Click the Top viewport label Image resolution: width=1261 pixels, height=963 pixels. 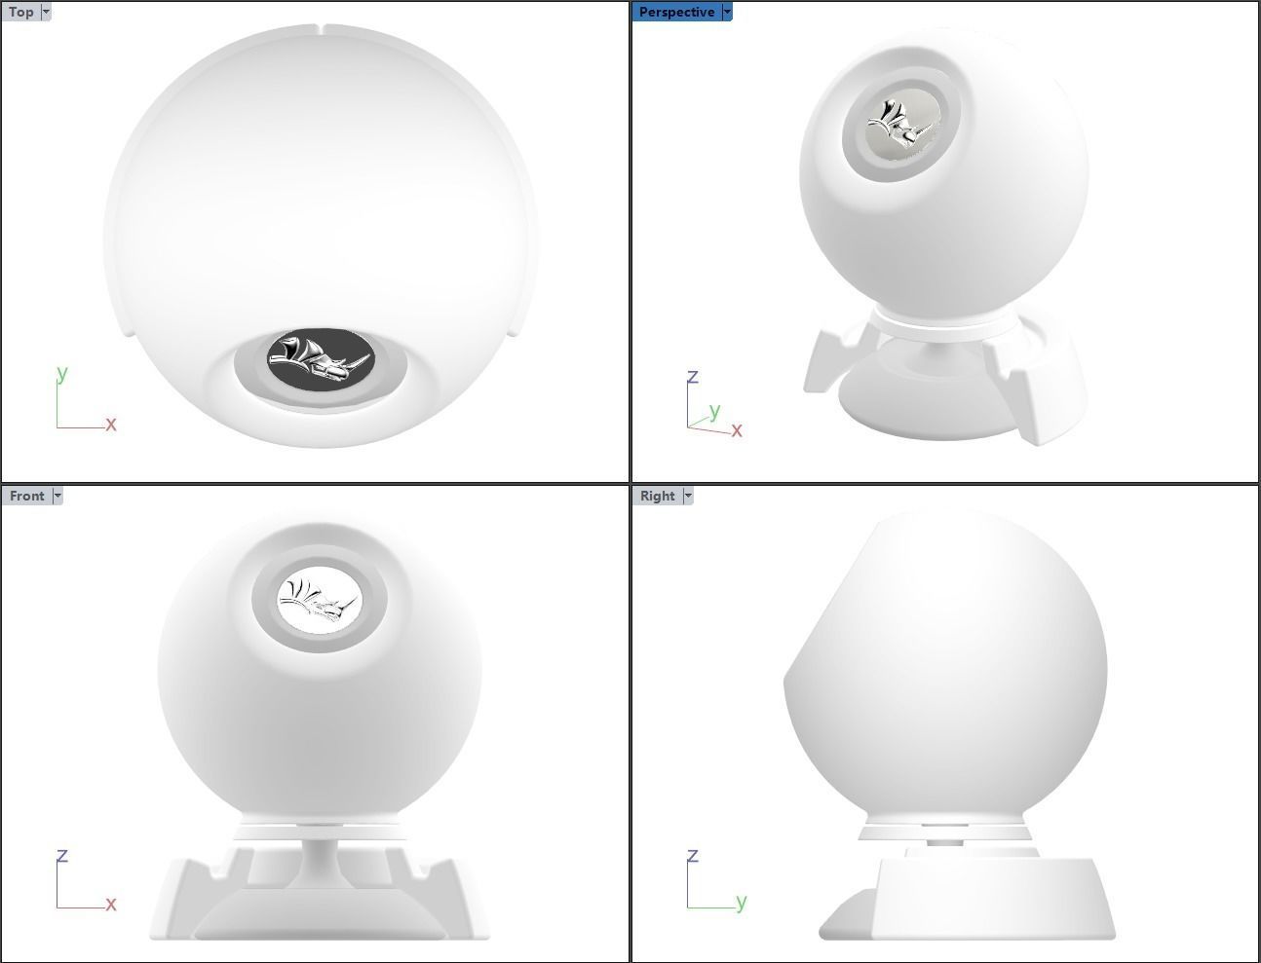(20, 13)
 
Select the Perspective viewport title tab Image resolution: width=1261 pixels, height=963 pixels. (676, 13)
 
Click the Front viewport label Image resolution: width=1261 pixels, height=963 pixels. (26, 496)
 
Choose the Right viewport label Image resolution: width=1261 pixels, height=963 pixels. (657, 496)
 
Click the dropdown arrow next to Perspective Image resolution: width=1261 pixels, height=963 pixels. (727, 13)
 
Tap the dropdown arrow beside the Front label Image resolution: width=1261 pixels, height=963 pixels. (57, 496)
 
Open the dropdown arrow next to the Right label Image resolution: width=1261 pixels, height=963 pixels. (688, 496)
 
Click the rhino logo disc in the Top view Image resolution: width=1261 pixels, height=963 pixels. (322, 362)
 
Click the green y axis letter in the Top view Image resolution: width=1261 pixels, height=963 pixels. (62, 372)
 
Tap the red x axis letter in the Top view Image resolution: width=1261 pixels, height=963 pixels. (111, 424)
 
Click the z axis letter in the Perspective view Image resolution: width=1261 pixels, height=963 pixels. (693, 377)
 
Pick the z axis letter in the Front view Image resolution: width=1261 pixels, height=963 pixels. (62, 856)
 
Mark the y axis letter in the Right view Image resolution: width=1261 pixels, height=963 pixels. (742, 901)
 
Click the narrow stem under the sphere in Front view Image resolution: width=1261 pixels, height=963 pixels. (320, 856)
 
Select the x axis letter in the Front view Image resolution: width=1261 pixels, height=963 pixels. (111, 905)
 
